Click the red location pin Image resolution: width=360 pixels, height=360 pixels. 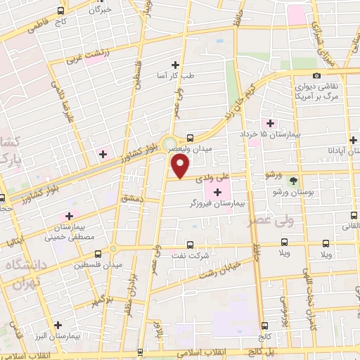click(x=181, y=167)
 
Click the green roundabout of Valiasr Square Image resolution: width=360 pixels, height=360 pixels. click(x=169, y=146)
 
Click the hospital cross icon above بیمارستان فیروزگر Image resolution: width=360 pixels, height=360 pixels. click(x=217, y=191)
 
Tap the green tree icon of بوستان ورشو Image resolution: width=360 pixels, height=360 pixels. click(x=293, y=180)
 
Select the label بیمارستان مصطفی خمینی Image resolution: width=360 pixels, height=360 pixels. click(x=69, y=232)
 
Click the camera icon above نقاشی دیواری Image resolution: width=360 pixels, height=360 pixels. click(x=316, y=75)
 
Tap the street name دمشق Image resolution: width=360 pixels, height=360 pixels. click(x=131, y=200)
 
